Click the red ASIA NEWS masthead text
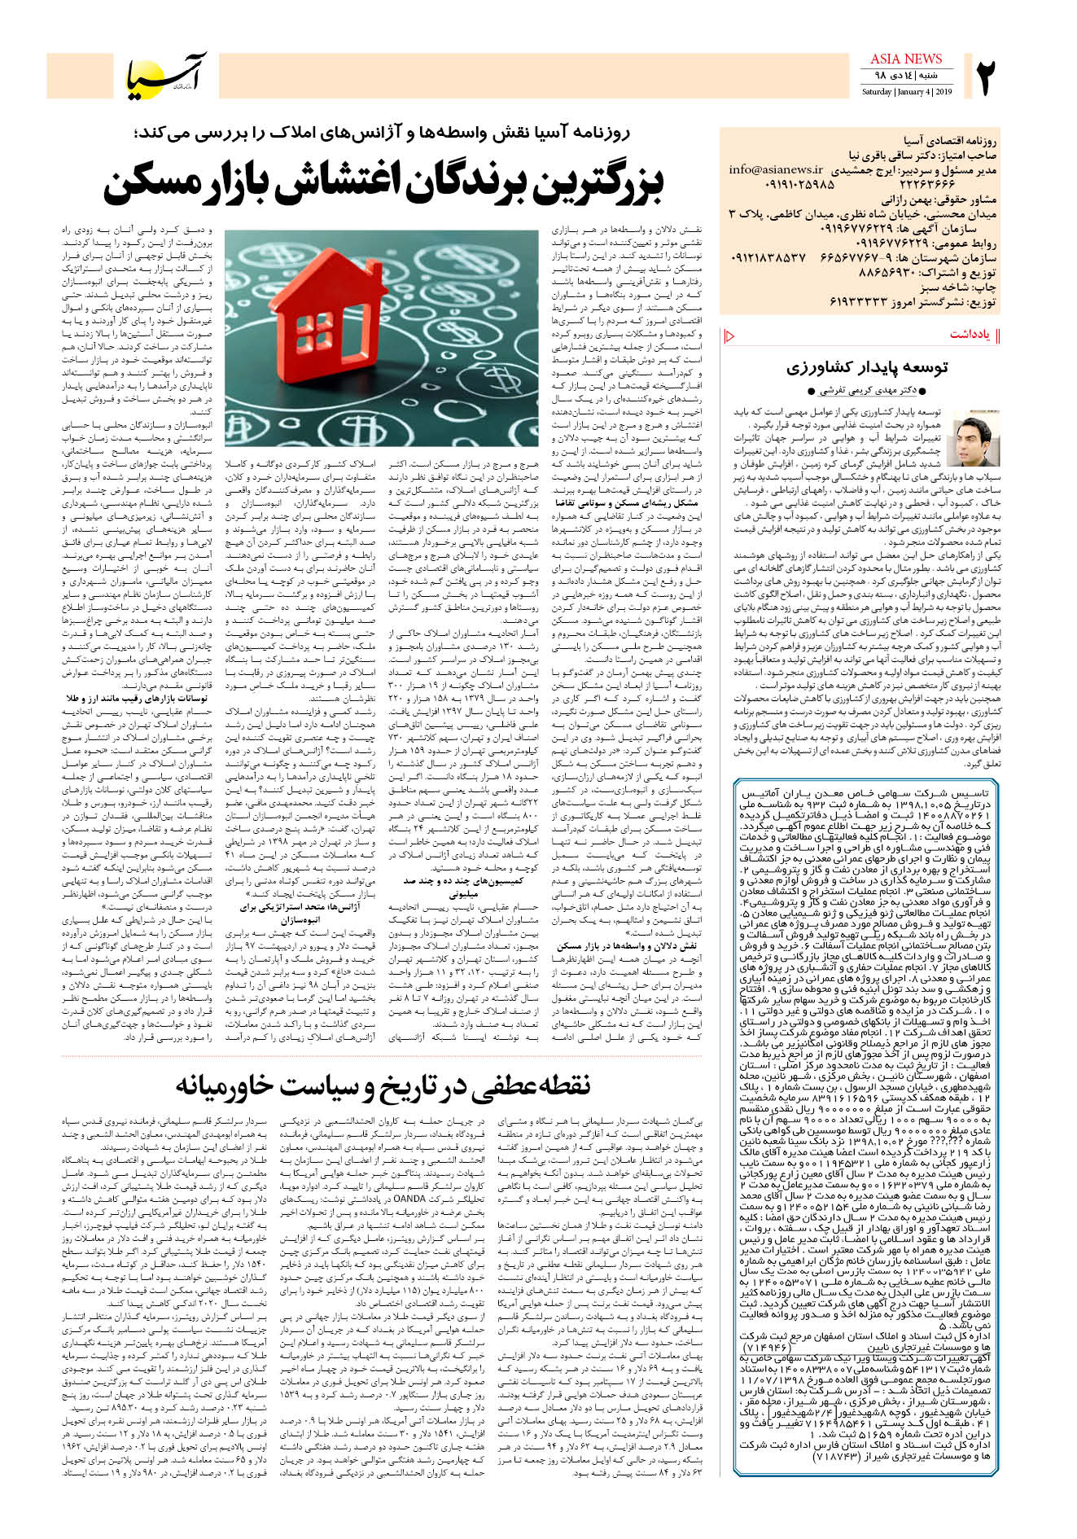(905, 59)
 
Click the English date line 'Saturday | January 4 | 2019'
(906, 91)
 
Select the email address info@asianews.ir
(775, 170)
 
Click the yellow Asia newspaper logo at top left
(167, 76)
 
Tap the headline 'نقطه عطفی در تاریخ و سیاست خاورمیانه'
(382, 1085)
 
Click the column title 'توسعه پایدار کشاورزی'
(866, 366)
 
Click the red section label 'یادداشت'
(970, 335)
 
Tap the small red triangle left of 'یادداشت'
(729, 335)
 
